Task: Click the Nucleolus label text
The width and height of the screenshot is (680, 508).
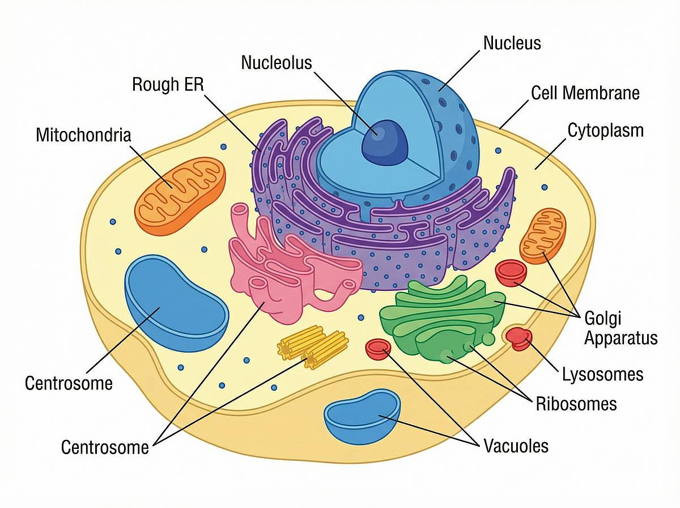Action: point(277,62)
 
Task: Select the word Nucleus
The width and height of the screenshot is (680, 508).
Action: point(512,43)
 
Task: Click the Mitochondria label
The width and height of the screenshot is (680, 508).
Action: point(83,136)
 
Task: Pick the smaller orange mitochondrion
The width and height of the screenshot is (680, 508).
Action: point(542,235)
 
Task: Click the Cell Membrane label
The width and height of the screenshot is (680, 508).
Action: point(585,92)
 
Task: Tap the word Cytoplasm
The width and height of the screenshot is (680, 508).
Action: point(605,130)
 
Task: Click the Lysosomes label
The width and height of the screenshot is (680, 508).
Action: point(602,374)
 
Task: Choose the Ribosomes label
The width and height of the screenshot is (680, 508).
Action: point(576,404)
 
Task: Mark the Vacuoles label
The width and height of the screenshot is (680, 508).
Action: point(516,446)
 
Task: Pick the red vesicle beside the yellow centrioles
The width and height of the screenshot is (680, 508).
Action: point(378,349)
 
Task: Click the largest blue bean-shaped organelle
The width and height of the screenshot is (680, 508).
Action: point(176,301)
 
